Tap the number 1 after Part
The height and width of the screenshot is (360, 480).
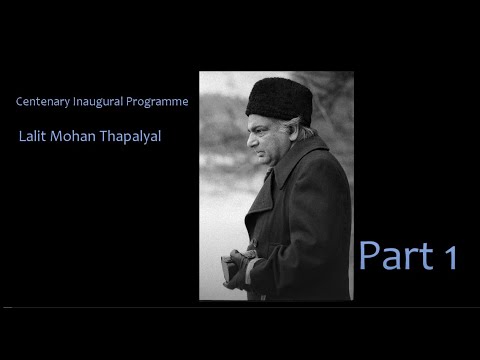pos(447,258)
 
